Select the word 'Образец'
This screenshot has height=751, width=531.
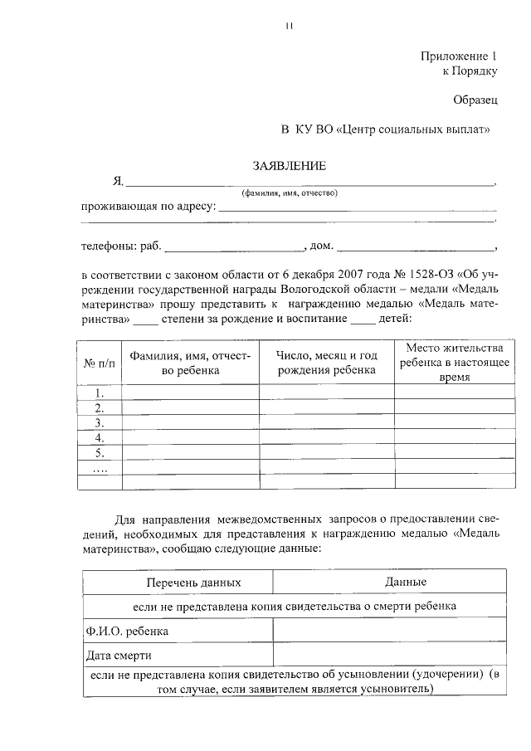point(475,100)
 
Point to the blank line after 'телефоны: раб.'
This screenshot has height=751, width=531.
point(236,247)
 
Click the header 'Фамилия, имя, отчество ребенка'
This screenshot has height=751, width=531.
point(190,363)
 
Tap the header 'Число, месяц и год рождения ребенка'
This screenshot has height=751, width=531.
point(326,363)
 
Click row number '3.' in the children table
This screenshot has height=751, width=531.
point(100,423)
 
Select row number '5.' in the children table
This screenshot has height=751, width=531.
point(100,452)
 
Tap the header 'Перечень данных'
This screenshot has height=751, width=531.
point(177,583)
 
